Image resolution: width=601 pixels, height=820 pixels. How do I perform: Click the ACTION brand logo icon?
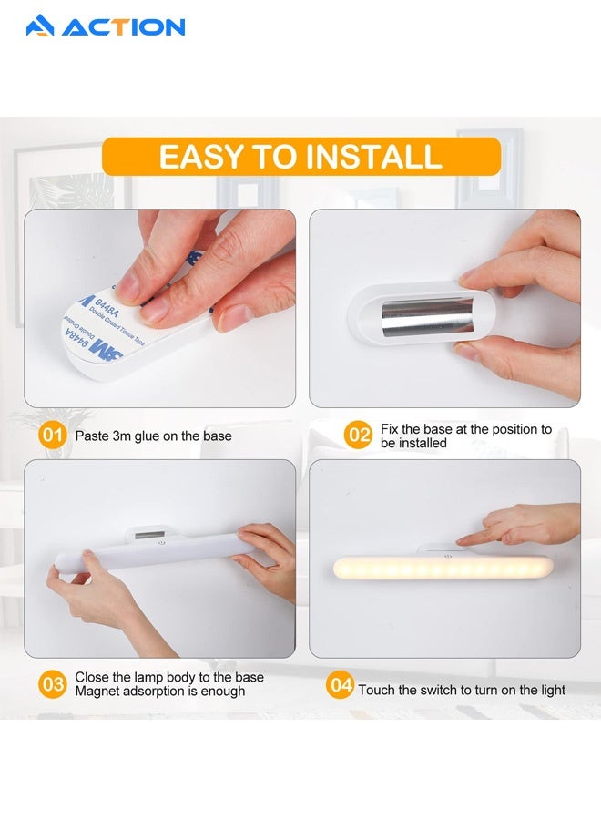(40, 26)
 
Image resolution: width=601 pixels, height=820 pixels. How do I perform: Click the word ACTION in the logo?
(123, 27)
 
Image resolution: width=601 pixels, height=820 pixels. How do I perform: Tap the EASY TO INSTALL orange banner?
(300, 157)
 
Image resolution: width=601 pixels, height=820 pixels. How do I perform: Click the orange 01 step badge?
(53, 436)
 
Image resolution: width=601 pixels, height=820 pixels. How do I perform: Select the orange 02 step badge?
(359, 436)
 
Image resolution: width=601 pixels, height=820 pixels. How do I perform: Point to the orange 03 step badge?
(53, 684)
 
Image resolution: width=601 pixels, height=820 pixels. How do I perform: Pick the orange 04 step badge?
(340, 685)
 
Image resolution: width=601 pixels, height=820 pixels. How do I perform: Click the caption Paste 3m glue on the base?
(153, 436)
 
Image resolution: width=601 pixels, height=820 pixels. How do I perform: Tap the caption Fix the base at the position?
(466, 429)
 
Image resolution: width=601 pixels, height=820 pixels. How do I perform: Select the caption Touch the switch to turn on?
(462, 690)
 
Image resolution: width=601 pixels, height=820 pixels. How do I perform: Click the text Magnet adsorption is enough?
(160, 692)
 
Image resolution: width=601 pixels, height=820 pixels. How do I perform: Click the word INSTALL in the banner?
(372, 157)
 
